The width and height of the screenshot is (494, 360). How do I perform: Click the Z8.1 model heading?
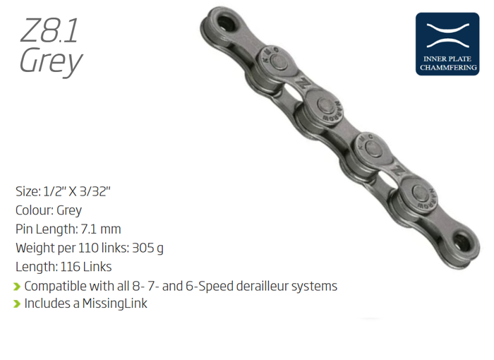(49, 30)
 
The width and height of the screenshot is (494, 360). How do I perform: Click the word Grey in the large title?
(51, 61)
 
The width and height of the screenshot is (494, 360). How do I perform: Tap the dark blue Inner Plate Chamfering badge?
(447, 44)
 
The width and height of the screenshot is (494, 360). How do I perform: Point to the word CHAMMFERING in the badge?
(448, 68)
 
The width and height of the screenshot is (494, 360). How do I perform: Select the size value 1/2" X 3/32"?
(76, 191)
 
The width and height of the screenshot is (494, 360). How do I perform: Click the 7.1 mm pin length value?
(101, 229)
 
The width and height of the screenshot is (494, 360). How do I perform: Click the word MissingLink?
(114, 304)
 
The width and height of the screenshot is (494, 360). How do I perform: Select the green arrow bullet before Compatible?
(17, 287)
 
